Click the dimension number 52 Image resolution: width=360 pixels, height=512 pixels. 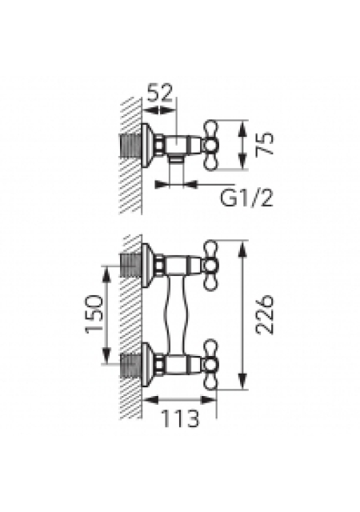pyautogui.click(x=159, y=93)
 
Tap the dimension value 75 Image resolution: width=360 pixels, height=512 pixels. pyautogui.click(x=264, y=145)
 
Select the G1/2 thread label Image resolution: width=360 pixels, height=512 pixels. pyautogui.click(x=246, y=198)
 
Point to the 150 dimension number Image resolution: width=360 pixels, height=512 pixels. pyautogui.click(x=94, y=314)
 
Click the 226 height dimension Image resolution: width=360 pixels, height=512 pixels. pyautogui.click(x=264, y=314)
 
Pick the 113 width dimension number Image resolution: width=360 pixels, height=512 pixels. pyautogui.click(x=180, y=418)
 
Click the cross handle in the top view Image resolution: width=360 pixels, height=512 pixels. pyautogui.click(x=210, y=145)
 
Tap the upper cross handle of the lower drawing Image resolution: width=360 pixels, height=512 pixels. pyautogui.click(x=210, y=265)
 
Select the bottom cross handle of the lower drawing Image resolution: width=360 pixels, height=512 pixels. pyautogui.click(x=210, y=365)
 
